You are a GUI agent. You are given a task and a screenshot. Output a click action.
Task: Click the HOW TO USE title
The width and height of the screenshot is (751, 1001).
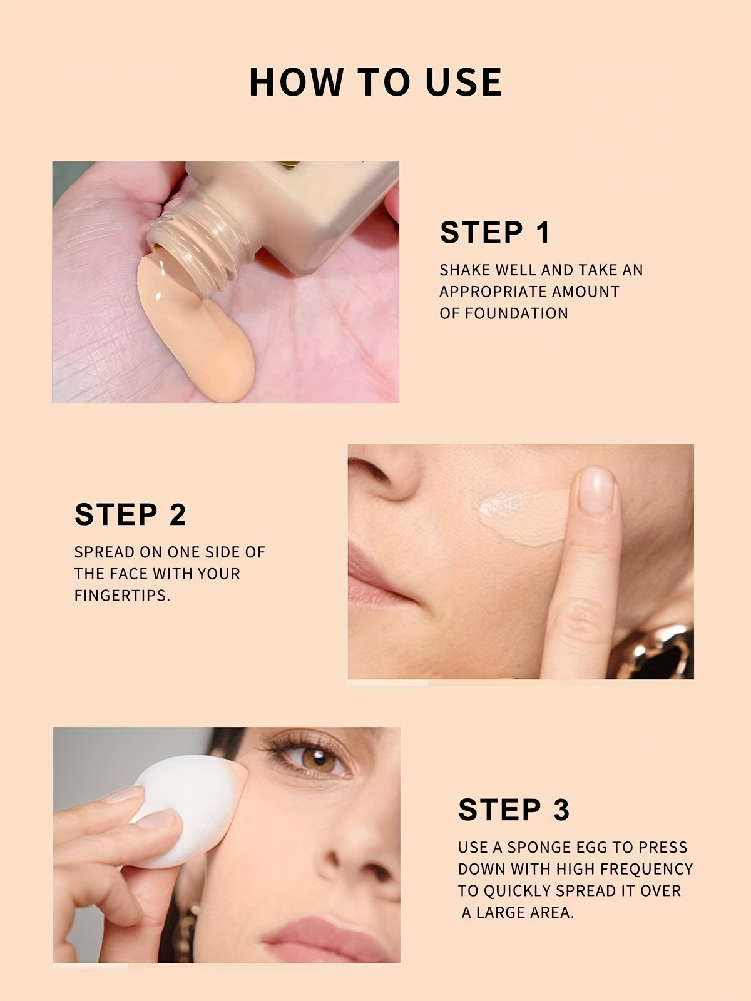tap(375, 82)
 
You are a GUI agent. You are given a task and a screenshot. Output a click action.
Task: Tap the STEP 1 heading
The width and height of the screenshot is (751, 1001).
tap(495, 232)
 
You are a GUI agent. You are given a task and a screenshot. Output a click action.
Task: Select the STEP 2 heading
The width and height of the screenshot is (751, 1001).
tap(130, 514)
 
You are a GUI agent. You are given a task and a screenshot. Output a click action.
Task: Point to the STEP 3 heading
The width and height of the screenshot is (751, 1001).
tap(514, 810)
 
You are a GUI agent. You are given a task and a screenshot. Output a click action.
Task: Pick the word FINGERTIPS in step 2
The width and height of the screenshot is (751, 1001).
tap(122, 596)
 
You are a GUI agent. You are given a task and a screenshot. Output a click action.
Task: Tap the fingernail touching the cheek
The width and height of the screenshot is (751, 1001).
tap(596, 490)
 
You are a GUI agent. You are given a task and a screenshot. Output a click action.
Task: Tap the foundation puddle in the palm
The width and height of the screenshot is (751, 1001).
tap(196, 328)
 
